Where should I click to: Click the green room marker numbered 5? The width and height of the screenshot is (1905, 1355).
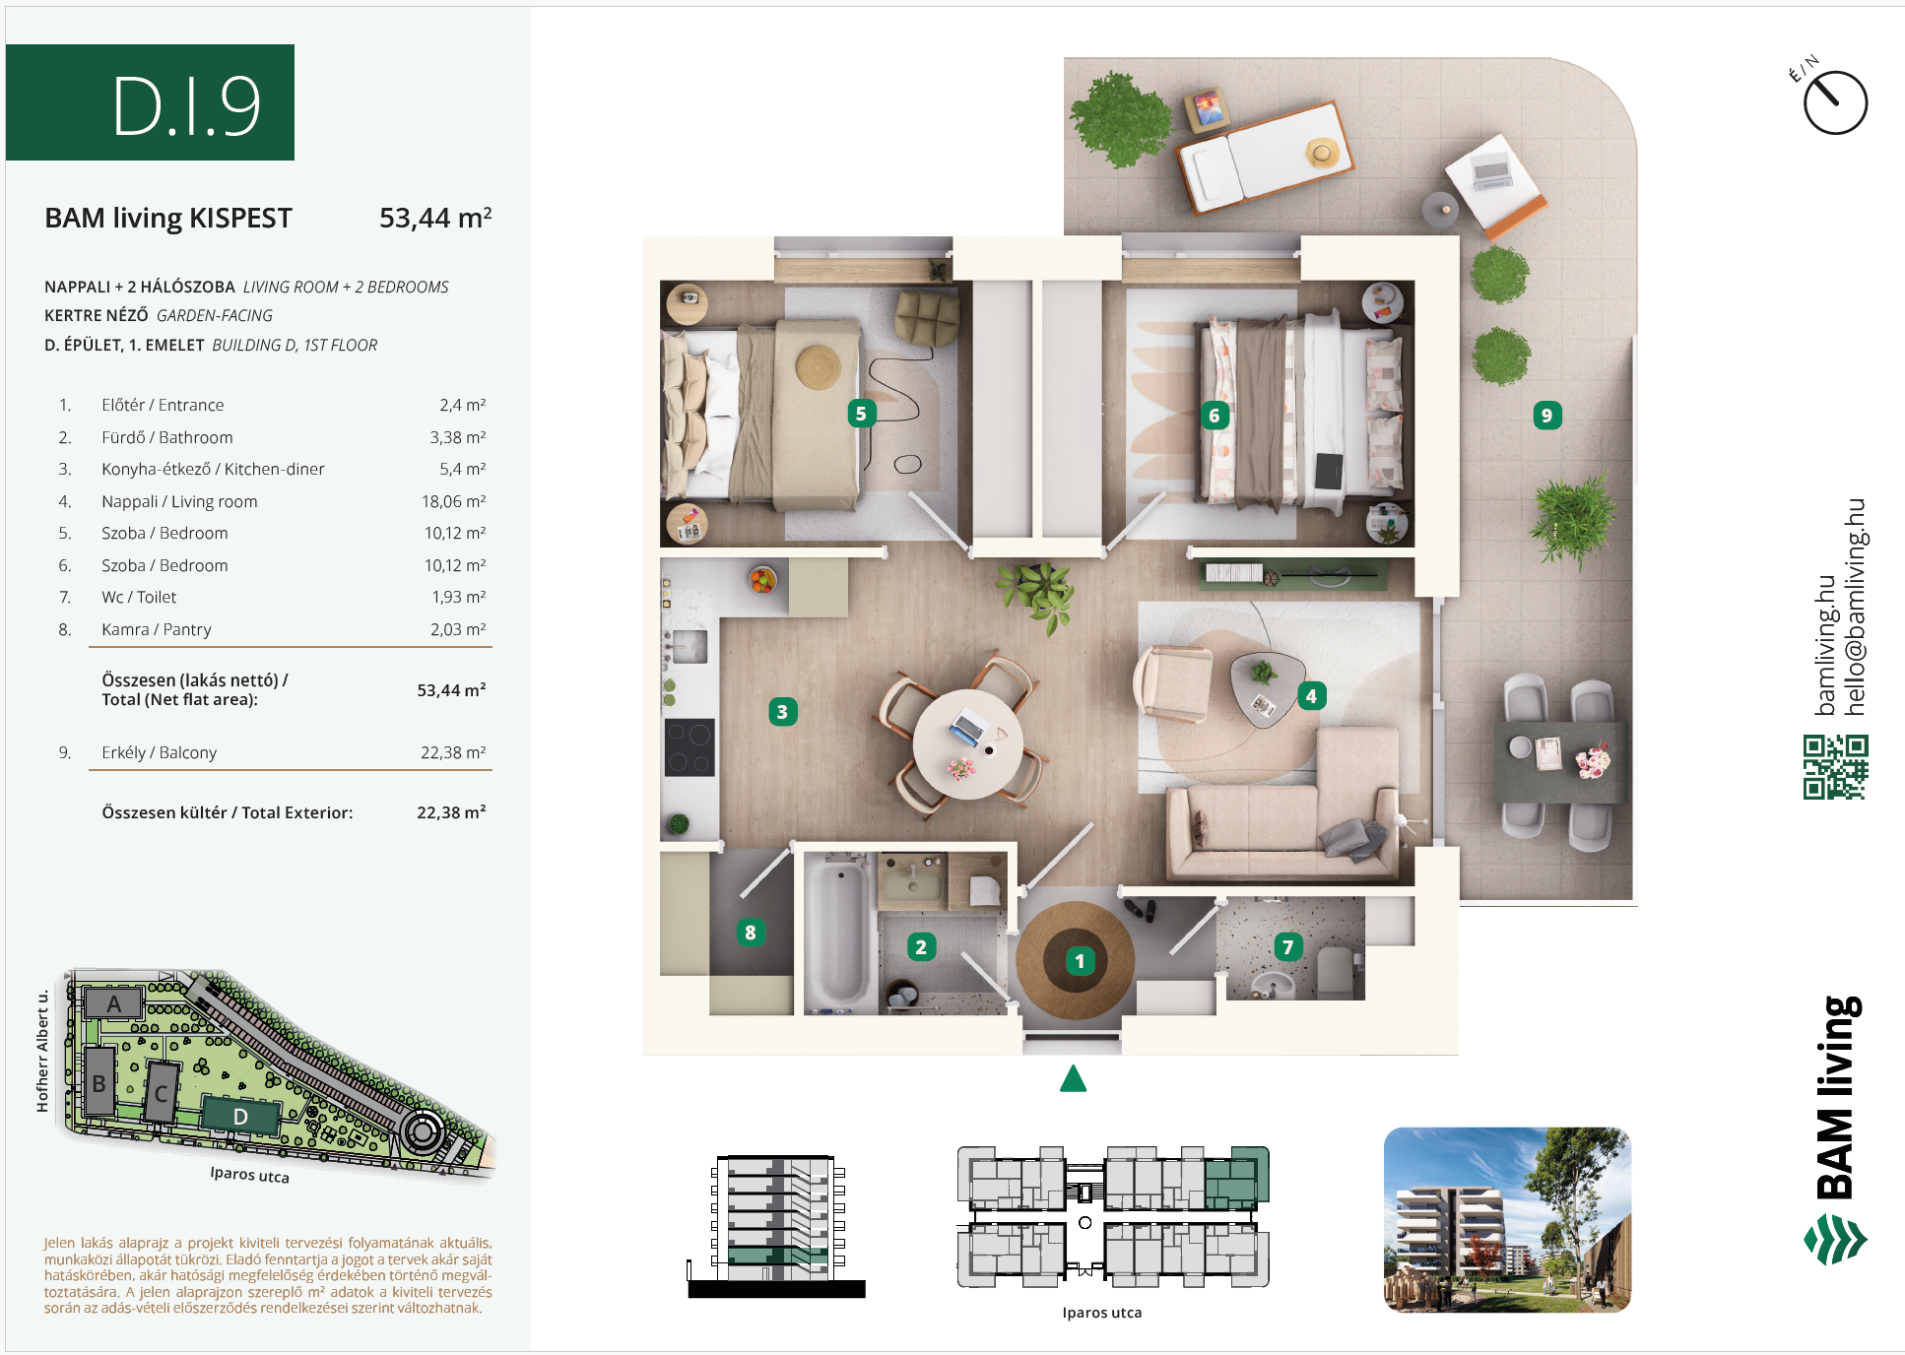coord(861,414)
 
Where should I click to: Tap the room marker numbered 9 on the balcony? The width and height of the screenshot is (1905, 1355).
coord(1546,416)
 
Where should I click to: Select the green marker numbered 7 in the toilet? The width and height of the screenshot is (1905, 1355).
coord(1287,947)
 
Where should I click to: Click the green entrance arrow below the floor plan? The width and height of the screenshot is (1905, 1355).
coord(1073,1079)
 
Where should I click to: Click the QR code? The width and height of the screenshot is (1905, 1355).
coord(1835,767)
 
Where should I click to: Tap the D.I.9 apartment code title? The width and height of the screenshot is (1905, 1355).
coord(186,105)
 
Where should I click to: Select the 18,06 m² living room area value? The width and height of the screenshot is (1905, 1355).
coord(453,501)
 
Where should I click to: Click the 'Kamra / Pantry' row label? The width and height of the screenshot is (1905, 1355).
coord(157,629)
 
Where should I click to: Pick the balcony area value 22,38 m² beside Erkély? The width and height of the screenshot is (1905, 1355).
coord(453,752)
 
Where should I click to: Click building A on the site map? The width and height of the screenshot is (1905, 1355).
coord(114,1003)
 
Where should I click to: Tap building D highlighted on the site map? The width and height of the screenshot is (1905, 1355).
coord(240,1116)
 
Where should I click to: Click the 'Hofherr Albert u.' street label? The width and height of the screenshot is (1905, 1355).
coord(42,1052)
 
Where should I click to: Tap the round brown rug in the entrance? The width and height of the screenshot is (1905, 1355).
coord(1075,960)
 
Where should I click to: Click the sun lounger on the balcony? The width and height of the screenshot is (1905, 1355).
coord(1267,157)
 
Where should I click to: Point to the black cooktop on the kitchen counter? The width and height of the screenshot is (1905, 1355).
coord(690,747)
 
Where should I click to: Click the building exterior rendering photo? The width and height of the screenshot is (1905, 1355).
coord(1507,1219)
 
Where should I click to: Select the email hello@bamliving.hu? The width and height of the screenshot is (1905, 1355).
coord(1856,607)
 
